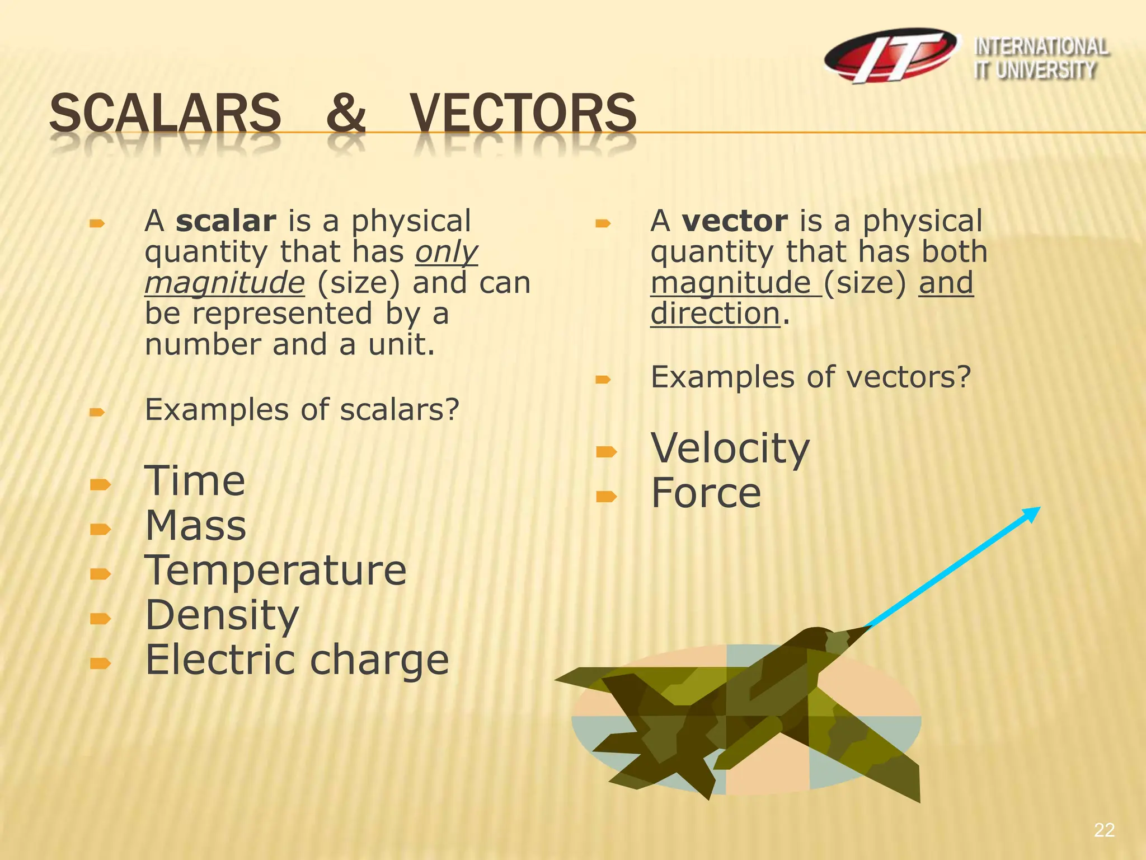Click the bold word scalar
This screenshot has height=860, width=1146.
(x=226, y=222)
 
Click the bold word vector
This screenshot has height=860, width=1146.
(x=735, y=222)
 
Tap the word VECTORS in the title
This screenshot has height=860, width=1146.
(x=523, y=114)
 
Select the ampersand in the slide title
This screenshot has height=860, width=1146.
(x=345, y=114)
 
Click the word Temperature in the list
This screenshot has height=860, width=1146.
(x=275, y=571)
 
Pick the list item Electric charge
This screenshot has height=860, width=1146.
(x=297, y=660)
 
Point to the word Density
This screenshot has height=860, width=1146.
(x=222, y=615)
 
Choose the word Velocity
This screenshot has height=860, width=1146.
(x=730, y=449)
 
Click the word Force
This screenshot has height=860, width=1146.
(x=706, y=494)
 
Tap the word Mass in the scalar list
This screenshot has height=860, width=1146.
(x=195, y=526)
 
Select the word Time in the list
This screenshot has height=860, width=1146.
(x=195, y=482)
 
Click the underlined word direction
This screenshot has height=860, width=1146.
(x=715, y=314)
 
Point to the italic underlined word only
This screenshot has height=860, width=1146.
(x=446, y=253)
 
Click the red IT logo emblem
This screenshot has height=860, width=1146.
(x=891, y=56)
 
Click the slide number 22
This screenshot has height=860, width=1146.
(x=1104, y=830)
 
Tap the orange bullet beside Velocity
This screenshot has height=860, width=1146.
(x=606, y=451)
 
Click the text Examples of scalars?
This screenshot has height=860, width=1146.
(x=302, y=410)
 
